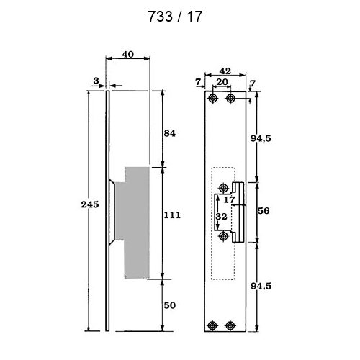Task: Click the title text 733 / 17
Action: pyautogui.click(x=175, y=17)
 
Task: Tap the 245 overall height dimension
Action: pyautogui.click(x=90, y=204)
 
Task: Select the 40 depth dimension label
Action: pyautogui.click(x=127, y=55)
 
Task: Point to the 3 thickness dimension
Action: pyautogui.click(x=96, y=81)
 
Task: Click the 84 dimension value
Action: pyautogui.click(x=170, y=133)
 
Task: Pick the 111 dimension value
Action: pyautogui.click(x=172, y=215)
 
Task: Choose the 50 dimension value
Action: pyautogui.click(x=170, y=305)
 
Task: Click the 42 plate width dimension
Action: pyautogui.click(x=225, y=71)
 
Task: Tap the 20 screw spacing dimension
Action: pyautogui.click(x=222, y=82)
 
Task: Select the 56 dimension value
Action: pyautogui.click(x=264, y=211)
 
